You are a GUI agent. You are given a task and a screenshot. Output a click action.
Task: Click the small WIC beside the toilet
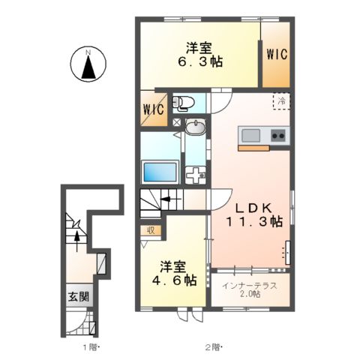point(153,109)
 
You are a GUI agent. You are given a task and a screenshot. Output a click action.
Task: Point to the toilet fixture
point(184,103)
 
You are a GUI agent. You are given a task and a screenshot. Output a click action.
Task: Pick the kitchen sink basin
point(250,136)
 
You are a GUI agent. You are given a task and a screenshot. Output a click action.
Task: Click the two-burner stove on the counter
point(277,136)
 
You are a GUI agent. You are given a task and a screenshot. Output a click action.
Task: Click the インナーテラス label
point(247,286)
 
